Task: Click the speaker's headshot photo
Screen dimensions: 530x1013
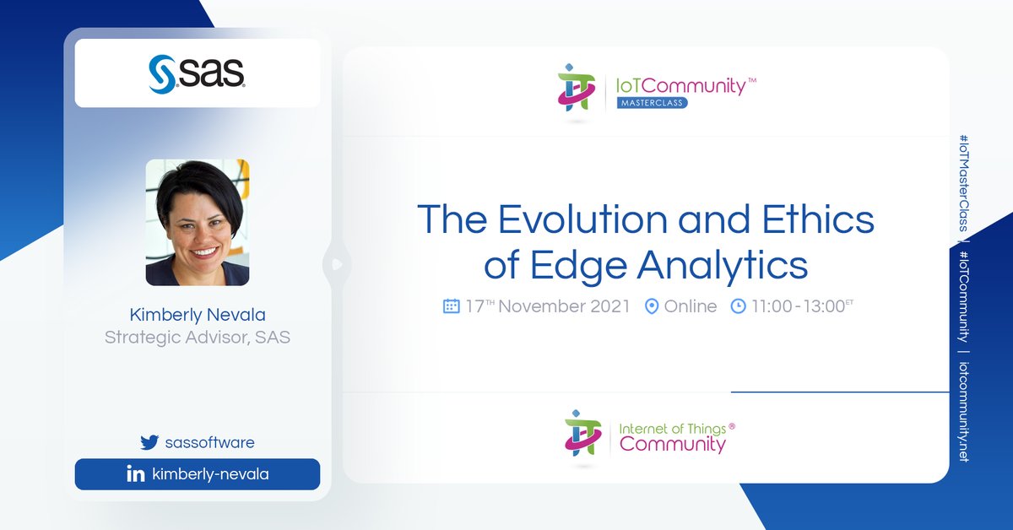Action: (x=198, y=222)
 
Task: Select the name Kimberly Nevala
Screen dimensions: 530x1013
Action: (x=198, y=315)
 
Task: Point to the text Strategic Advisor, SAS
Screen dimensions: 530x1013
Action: (x=198, y=338)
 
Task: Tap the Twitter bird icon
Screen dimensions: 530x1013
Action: (x=149, y=442)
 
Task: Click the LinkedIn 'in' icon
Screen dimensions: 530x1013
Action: (x=135, y=474)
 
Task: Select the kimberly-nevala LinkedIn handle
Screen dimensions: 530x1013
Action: (x=210, y=474)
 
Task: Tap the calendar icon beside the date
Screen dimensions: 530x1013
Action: (x=452, y=306)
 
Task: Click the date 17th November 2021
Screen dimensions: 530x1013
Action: (x=548, y=306)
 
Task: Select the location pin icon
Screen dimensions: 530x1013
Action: (x=651, y=306)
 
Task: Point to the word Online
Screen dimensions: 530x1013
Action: (x=691, y=306)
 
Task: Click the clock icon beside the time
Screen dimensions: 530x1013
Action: (x=738, y=306)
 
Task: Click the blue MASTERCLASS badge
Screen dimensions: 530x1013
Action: (x=651, y=102)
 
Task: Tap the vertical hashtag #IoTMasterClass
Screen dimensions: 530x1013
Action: (x=963, y=181)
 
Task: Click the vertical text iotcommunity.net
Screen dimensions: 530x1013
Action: (x=963, y=413)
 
